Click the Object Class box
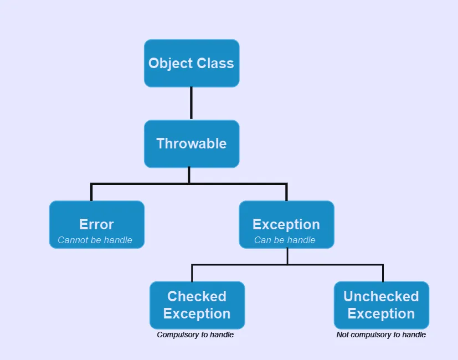pos(191,63)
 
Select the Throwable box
pos(191,143)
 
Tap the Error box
pos(96,224)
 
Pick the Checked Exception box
pos(197,305)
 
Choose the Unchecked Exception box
pos(381,305)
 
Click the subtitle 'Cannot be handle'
pos(95,240)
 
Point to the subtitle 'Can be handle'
pos(285,240)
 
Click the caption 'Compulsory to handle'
pos(195,335)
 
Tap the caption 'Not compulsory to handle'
pos(381,335)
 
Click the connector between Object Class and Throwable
pos(191,103)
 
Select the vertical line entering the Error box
pos(91,192)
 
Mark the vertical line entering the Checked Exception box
pos(192,273)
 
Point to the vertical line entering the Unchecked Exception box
pos(383,273)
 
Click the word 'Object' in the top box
pos(169,63)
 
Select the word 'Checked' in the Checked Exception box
pos(197,296)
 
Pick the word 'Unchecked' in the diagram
pos(381,296)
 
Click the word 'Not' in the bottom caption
pos(343,335)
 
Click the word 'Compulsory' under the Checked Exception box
pos(176,335)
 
